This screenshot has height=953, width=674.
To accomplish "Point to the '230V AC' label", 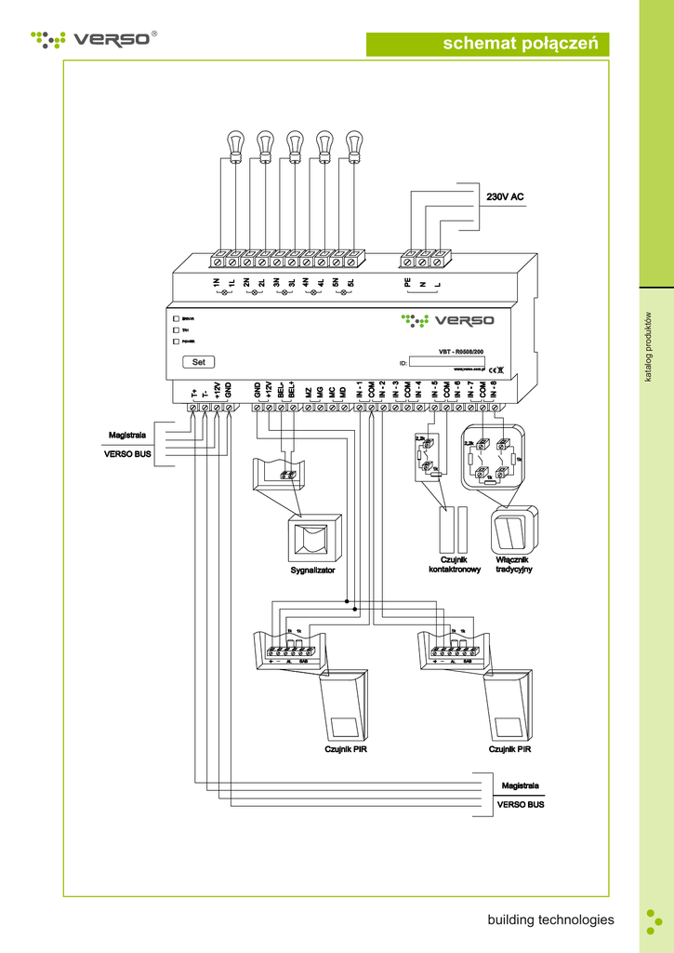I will pyautogui.click(x=506, y=197).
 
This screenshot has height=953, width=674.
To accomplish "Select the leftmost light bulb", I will pyautogui.click(x=235, y=143).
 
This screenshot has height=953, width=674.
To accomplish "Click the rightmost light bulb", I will pyautogui.click(x=353, y=143).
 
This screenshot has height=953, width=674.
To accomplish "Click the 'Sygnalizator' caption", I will pyautogui.click(x=312, y=570).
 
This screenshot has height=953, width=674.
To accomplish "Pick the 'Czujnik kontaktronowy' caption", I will pyautogui.click(x=454, y=565).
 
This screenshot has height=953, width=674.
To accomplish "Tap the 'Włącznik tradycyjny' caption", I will pyautogui.click(x=513, y=565).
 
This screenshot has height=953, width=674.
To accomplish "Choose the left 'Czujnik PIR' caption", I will pyautogui.click(x=345, y=749).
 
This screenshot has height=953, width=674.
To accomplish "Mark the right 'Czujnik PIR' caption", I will pyautogui.click(x=510, y=749).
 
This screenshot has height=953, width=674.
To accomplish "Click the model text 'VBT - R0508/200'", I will pyautogui.click(x=461, y=352).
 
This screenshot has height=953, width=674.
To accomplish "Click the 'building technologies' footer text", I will pyautogui.click(x=550, y=919).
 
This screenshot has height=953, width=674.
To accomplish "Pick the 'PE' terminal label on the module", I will pyautogui.click(x=406, y=281).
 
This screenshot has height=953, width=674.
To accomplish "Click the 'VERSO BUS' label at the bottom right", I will pyautogui.click(x=521, y=804).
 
